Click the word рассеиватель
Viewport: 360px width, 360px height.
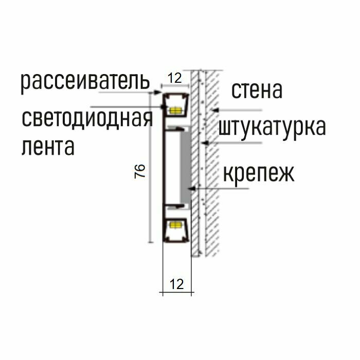pos(85,82)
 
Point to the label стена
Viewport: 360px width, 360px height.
pos(257,91)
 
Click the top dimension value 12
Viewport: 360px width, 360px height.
pos(175,78)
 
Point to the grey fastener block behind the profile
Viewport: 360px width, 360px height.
pos(184,167)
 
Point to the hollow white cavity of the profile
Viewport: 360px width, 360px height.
pos(172,167)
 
